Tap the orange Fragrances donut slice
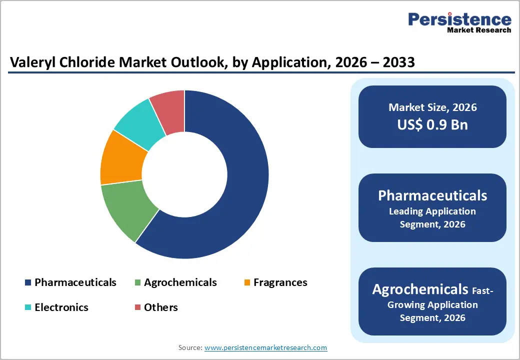122,157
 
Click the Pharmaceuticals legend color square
28,283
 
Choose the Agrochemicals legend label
180,282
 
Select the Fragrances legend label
280,282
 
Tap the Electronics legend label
61,307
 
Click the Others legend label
160,307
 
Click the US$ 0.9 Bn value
432,124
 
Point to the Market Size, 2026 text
432,107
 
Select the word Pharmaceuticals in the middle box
432,195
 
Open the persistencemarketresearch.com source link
265,347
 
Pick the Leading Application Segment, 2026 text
432,217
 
